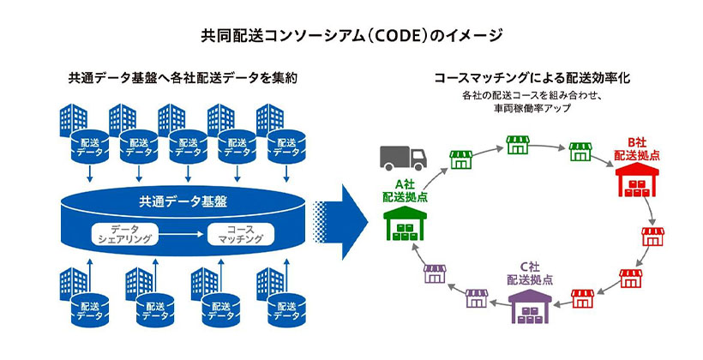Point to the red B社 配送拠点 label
(x=636, y=147)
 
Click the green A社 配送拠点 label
(x=405, y=190)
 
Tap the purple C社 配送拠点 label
(x=530, y=273)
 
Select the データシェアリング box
(x=125, y=234)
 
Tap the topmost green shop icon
(x=517, y=144)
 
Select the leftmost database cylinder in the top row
(x=90, y=147)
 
